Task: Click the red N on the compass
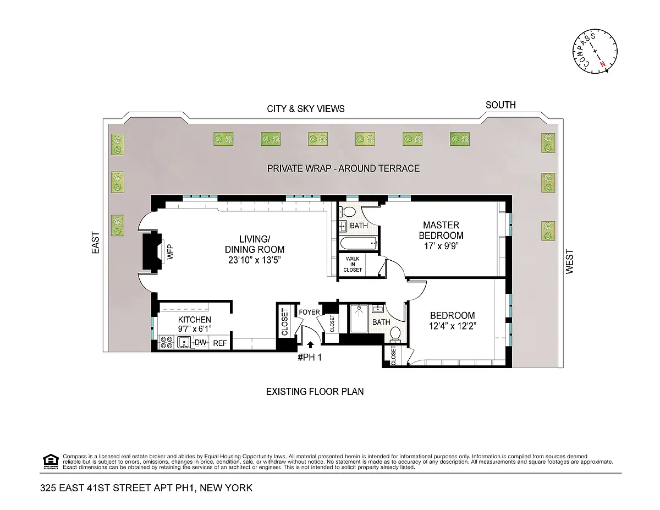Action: coord(603,64)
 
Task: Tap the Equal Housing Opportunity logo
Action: coord(51,462)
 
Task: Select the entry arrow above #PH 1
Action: coord(310,344)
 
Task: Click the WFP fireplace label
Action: coord(170,252)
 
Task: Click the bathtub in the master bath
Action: coord(359,243)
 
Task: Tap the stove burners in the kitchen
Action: coord(167,342)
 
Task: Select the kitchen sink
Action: coord(184,342)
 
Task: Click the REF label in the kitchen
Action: coord(220,343)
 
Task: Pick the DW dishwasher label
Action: coord(200,342)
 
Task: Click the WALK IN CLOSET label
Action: coord(353,264)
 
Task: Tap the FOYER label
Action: coord(309,312)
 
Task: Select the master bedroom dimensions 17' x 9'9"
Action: coord(441,246)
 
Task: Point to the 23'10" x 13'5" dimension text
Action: coord(255,260)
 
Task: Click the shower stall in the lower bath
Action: coord(359,319)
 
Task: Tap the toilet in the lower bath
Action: coord(395,333)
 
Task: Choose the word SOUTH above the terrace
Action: coord(501,105)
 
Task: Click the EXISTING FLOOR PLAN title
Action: coord(315,392)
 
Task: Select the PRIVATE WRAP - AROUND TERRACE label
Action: coord(343,168)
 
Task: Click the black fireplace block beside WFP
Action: coord(152,251)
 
